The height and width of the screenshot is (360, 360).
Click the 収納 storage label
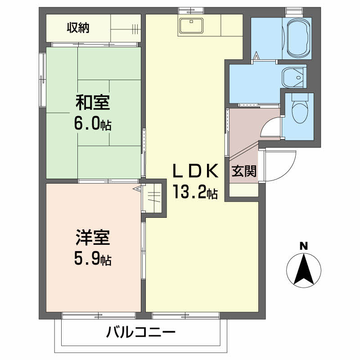pos(78,28)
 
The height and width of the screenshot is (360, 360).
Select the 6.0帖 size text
pos(93,125)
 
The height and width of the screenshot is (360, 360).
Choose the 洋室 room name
pos(92,237)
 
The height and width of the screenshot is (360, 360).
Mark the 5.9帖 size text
pos(93,259)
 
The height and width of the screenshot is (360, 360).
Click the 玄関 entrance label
pos(244,171)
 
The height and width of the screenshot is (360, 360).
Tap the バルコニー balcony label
pos(140,333)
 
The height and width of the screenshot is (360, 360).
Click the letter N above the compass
pos(304,246)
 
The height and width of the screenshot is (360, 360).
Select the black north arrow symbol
pos(304,270)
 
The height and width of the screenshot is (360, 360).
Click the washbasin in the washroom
pos(294,77)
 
